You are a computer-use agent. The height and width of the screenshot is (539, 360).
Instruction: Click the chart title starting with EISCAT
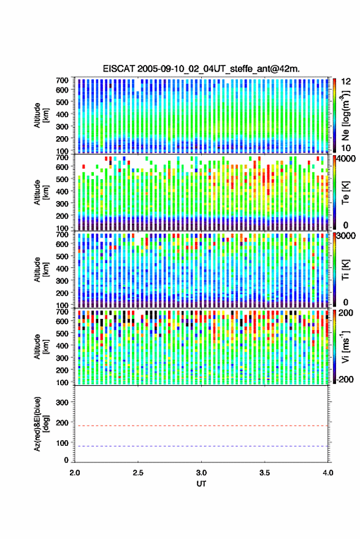point(201,69)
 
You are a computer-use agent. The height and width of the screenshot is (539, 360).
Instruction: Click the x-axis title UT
point(201,484)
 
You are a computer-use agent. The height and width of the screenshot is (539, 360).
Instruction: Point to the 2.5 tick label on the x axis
point(138,473)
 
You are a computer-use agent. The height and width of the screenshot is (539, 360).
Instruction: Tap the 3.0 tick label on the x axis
point(202,473)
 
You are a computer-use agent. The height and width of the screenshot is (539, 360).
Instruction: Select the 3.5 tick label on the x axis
point(265,473)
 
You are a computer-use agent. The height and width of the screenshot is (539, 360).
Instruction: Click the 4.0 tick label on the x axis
point(328,473)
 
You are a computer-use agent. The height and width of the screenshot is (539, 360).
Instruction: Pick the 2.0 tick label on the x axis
point(75,473)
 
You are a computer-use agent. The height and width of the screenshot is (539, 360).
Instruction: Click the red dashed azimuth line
point(202,426)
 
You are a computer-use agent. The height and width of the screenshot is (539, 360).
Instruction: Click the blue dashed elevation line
point(202,446)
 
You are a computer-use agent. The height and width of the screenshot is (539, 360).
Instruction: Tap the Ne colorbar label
point(346,115)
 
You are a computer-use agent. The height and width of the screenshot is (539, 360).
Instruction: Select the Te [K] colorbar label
point(345,193)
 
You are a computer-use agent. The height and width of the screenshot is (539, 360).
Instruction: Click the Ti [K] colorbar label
point(345,270)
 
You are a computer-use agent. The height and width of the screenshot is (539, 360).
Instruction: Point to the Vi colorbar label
point(345,346)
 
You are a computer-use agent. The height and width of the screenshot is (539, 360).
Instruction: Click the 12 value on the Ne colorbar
point(346,82)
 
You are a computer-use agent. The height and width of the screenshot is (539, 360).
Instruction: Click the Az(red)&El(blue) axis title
point(42,424)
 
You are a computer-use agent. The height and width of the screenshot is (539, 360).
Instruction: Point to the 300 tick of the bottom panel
point(62,402)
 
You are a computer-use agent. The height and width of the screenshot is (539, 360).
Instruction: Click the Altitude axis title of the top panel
point(41,115)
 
